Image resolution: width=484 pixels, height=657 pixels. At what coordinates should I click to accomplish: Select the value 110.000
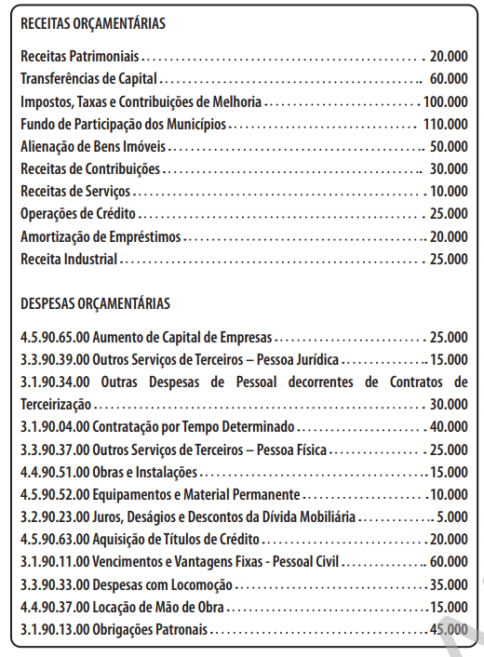[x=445, y=124]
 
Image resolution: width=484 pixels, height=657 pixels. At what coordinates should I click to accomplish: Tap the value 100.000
[x=445, y=101]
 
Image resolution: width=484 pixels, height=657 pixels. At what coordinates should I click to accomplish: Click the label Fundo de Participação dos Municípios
[x=124, y=124]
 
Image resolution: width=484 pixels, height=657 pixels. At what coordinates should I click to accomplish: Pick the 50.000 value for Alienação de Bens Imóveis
[x=449, y=146]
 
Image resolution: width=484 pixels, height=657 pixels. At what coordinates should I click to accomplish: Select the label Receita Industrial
[x=69, y=258]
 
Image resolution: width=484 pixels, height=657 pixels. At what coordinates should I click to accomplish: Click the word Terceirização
[x=56, y=404]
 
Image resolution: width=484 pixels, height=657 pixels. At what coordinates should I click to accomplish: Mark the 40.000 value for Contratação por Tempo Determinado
[x=449, y=427]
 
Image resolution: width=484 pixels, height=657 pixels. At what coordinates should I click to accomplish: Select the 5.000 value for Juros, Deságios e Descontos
[x=452, y=516]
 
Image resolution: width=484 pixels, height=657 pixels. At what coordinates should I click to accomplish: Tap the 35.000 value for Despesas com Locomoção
[x=449, y=584]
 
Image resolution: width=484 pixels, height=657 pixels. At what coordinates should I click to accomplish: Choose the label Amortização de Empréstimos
[x=101, y=235]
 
